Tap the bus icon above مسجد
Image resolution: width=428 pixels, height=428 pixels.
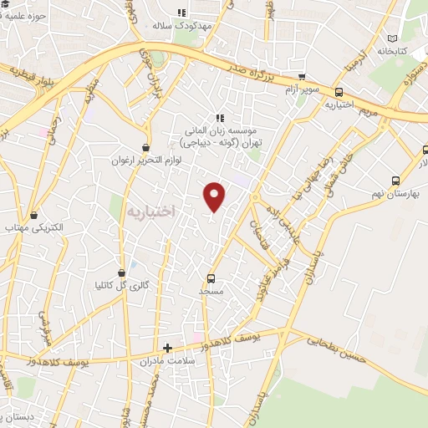coord(210,278)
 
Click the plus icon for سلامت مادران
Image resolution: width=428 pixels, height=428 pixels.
coord(168,348)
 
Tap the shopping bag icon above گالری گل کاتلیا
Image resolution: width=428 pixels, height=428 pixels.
coord(122,272)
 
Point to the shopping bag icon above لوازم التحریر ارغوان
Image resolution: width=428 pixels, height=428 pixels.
coord(147,147)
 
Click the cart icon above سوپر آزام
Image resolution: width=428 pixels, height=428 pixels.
coord(300,75)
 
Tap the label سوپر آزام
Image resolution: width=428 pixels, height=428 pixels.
coord(301,89)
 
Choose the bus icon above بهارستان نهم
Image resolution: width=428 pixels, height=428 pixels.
coord(395,180)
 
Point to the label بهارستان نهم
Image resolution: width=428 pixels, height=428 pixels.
coord(395,193)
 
